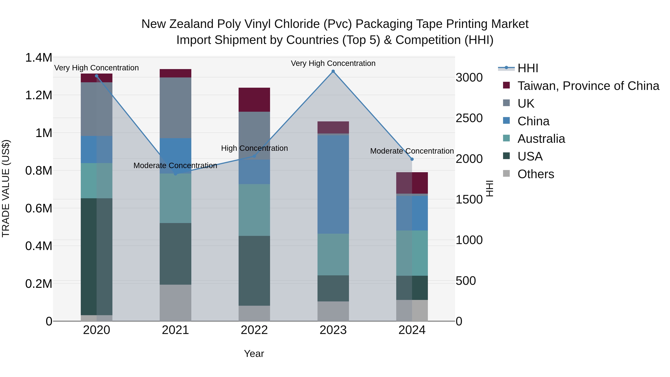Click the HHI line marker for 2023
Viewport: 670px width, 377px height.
(333, 71)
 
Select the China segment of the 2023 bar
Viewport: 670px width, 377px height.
(333, 184)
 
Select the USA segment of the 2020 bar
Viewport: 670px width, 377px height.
(96, 257)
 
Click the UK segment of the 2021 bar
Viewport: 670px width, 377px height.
(175, 108)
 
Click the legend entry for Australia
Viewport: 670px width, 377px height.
(541, 139)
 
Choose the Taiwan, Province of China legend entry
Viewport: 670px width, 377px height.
(588, 86)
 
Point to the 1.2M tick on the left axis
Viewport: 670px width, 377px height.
(39, 95)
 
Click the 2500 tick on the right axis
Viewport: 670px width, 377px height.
(469, 118)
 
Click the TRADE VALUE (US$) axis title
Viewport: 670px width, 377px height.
(6, 188)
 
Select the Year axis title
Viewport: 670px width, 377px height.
(254, 354)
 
